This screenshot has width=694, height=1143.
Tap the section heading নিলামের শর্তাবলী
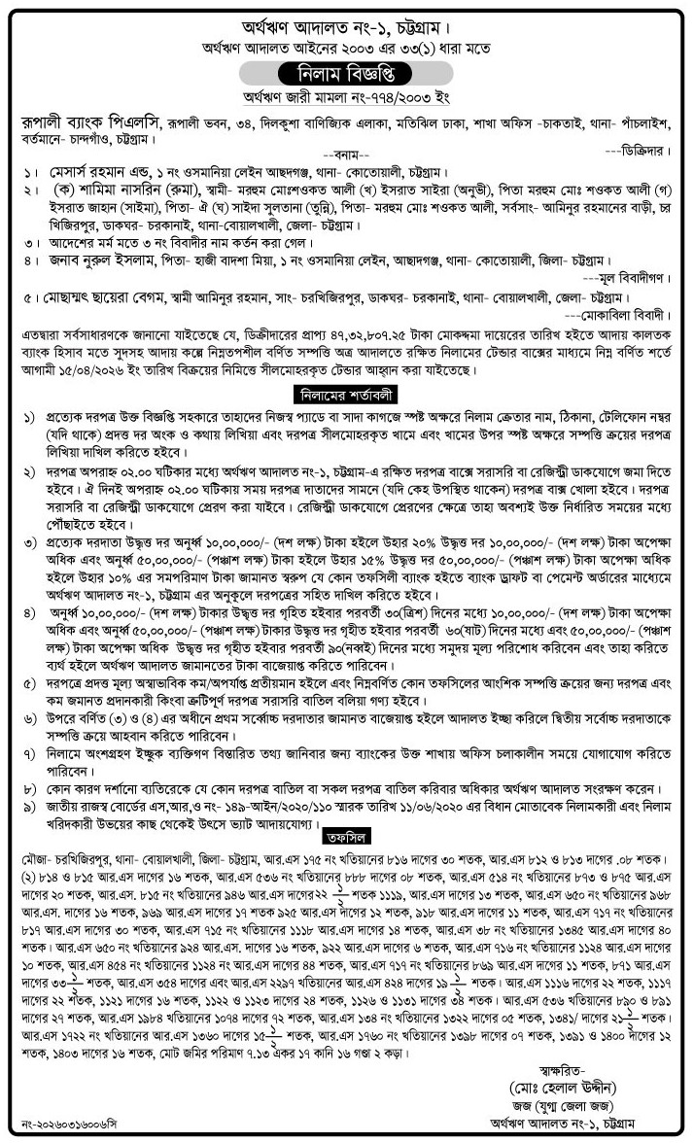[x=347, y=394]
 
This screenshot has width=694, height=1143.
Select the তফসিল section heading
[x=347, y=834]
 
